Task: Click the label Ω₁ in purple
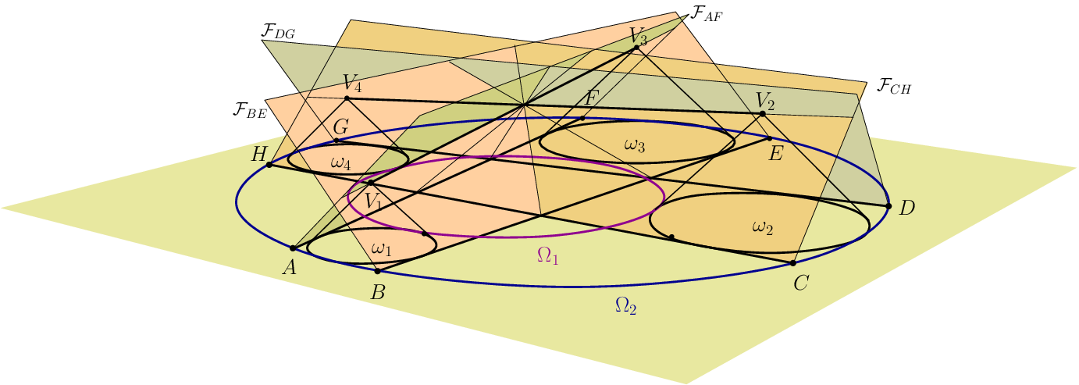[x=547, y=255]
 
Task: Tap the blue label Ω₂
[x=625, y=307]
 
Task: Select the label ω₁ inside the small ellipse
[x=380, y=249]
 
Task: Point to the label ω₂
[x=762, y=227]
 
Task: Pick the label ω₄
[x=341, y=163]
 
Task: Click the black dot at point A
[x=293, y=248]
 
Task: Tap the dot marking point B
[x=377, y=271]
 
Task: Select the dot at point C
[x=792, y=263]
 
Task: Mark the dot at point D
[x=888, y=206]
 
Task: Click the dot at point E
[x=769, y=138]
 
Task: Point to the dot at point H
[x=269, y=165]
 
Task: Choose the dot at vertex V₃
[x=636, y=48]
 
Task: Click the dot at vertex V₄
[x=347, y=98]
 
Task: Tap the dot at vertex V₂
[x=762, y=114]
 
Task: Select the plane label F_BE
[x=250, y=109]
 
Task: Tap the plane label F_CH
[x=893, y=86]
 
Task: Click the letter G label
[x=340, y=127]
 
